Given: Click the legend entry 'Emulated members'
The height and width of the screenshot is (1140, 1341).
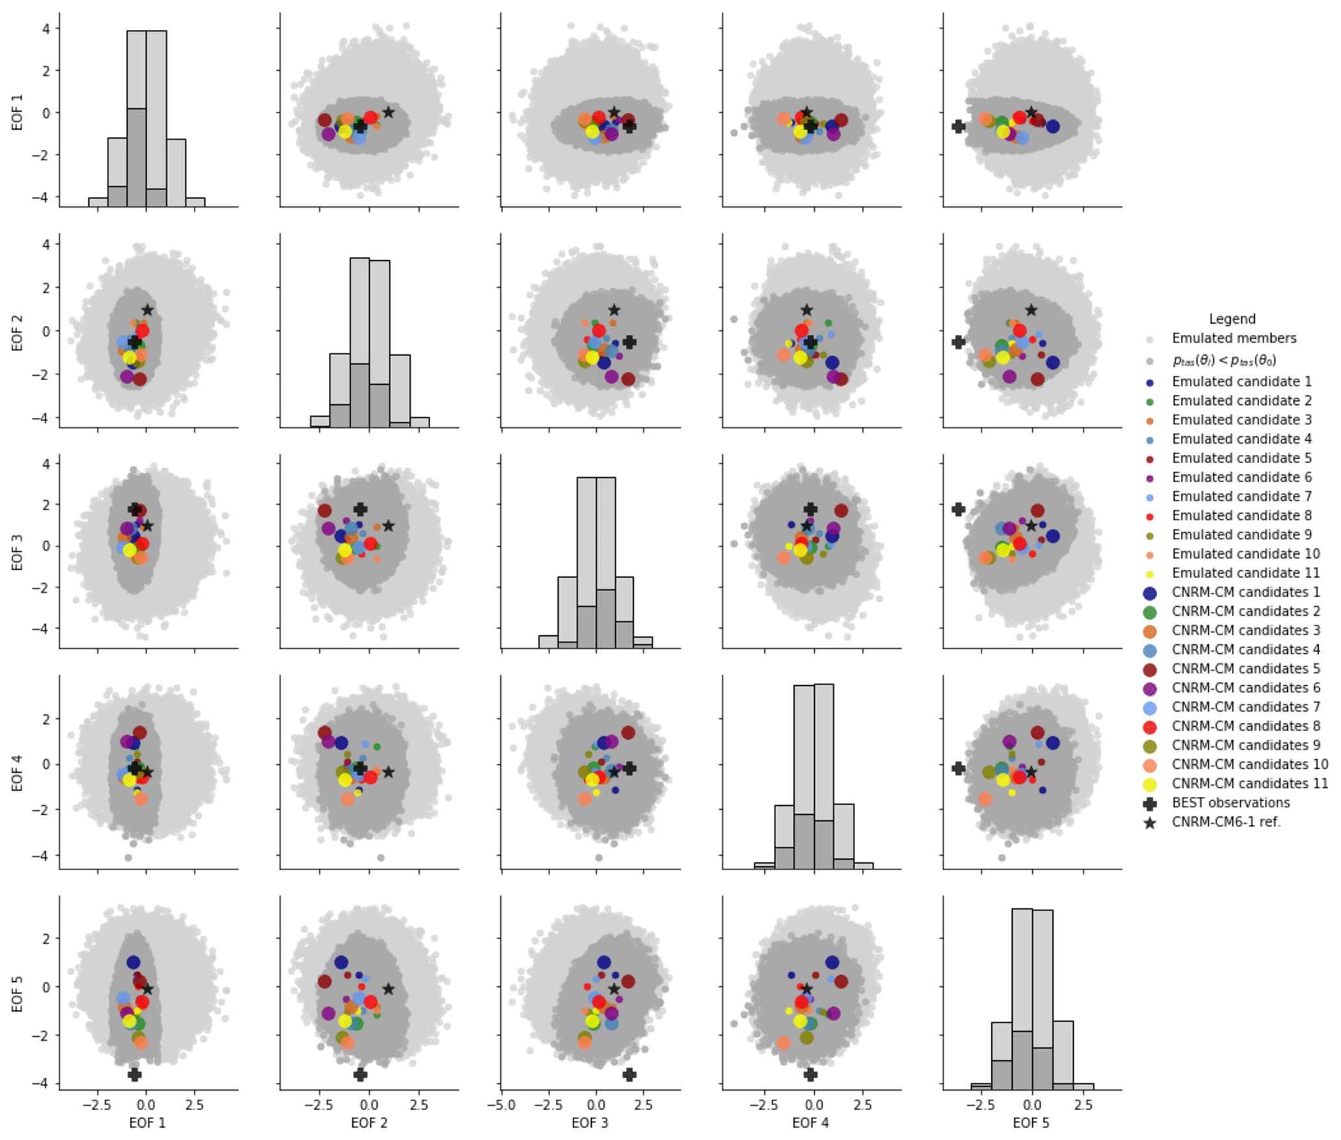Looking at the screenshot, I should coord(1233,338).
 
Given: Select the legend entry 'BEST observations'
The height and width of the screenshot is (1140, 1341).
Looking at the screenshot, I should coord(1230,803).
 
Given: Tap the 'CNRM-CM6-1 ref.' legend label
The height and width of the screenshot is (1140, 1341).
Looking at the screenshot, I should coord(1226,822).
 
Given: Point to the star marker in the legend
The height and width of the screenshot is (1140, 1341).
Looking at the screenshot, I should coord(1150,823).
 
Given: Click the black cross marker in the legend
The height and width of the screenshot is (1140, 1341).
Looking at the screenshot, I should coord(1150,803).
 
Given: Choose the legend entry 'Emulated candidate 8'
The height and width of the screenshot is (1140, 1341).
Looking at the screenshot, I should coord(1241,515).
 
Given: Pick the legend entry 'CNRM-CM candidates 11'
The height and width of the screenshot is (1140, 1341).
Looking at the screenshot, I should coord(1250,783).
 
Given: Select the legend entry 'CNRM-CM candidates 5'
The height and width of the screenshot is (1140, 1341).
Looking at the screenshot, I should coord(1246,668).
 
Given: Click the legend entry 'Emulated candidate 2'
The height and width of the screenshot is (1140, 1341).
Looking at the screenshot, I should coord(1241,400).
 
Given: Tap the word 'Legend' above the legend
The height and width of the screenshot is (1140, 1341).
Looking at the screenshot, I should coord(1232,319).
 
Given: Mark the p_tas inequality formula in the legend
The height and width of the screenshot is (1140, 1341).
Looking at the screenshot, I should coord(1224,360).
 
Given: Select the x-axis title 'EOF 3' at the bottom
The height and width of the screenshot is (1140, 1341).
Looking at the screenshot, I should coord(590,1122).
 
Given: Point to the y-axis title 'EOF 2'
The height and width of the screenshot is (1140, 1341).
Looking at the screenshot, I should coord(18,332).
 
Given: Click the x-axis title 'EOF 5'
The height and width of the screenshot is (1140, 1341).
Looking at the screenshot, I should coord(1031,1122).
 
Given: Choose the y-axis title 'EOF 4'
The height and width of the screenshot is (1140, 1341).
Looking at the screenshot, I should coord(18,773).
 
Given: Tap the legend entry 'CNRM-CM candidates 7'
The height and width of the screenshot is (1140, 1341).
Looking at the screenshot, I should coord(1246,707).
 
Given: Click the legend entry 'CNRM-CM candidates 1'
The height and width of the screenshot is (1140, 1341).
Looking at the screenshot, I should coord(1246,592).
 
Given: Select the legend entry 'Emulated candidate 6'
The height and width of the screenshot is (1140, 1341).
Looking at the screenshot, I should coord(1241,477).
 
